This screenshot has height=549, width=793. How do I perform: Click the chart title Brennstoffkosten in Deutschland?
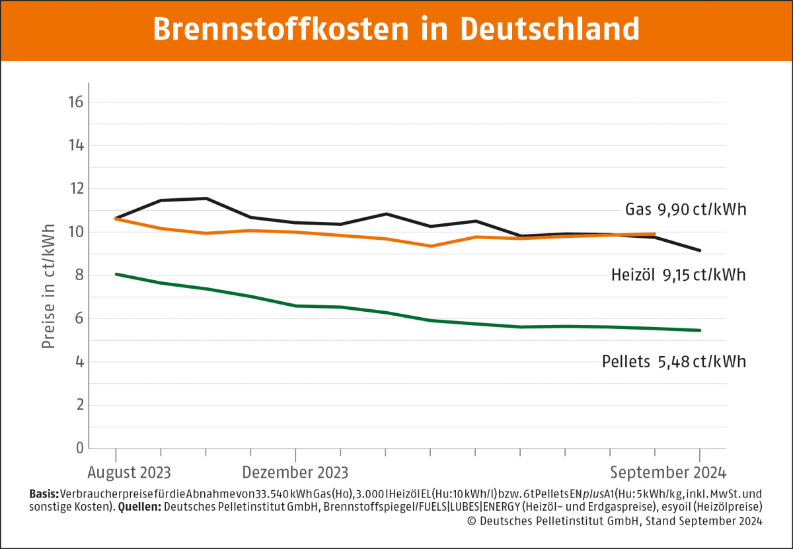(x=397, y=30)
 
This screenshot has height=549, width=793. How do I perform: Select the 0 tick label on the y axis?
(x=78, y=448)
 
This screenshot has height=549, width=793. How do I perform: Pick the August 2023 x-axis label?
(x=129, y=473)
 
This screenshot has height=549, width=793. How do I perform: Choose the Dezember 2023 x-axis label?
(x=295, y=473)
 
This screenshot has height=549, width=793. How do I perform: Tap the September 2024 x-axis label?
(x=667, y=473)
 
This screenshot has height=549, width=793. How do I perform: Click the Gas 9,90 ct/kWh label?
(x=685, y=211)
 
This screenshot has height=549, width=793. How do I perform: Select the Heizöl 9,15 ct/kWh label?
(x=679, y=275)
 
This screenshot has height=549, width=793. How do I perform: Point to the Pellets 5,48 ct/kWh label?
(x=673, y=362)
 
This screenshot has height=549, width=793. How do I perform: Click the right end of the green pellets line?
(x=700, y=330)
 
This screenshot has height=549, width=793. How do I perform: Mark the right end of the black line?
(x=700, y=250)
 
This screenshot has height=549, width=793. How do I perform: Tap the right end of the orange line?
(x=654, y=234)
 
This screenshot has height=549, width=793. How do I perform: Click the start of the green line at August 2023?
(x=116, y=274)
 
